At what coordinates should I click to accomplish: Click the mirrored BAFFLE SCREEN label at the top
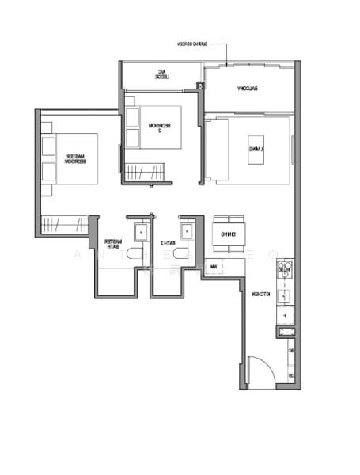point(198,44)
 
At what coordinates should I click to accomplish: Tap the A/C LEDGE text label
point(161,76)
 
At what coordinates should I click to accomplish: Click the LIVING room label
point(255,148)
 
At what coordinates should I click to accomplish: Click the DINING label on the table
point(229,234)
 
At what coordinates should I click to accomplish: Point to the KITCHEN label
point(260,294)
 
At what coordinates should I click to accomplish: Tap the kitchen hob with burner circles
point(285,272)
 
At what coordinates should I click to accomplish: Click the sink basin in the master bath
point(140,232)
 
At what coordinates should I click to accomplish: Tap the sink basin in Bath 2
point(187,232)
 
